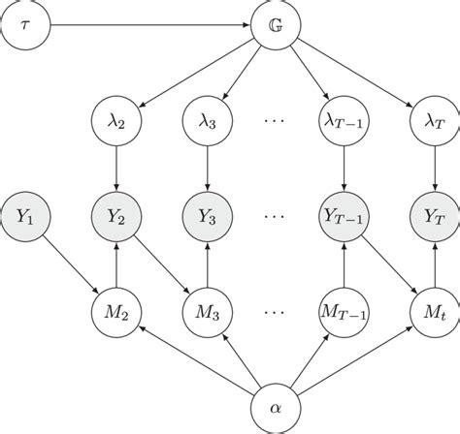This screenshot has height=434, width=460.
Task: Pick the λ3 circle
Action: pyautogui.click(x=207, y=123)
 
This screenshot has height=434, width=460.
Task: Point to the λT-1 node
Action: pyautogui.click(x=343, y=123)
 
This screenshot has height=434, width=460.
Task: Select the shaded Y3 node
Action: pyautogui.click(x=207, y=217)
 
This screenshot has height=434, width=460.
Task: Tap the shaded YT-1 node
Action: pyautogui.click(x=343, y=217)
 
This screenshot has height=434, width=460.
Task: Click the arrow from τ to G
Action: pyautogui.click(x=146, y=23)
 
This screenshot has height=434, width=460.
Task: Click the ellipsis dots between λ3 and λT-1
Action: pyautogui.click(x=275, y=123)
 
